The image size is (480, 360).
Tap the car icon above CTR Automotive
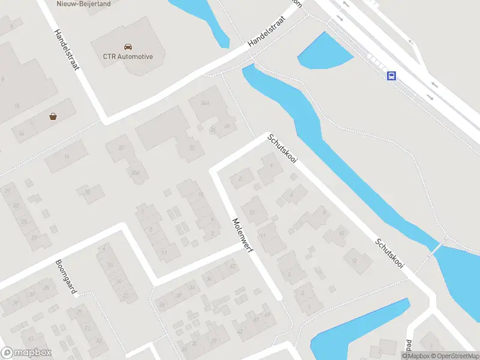click(x=128, y=46)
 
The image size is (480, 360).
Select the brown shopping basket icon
click(x=53, y=117)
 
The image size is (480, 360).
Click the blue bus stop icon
click(x=391, y=76)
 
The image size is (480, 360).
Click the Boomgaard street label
click(x=67, y=278)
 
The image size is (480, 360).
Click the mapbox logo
click(x=26, y=353)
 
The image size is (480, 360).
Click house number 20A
click(x=135, y=173)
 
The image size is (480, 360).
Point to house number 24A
click(x=205, y=104)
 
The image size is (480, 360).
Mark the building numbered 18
click(x=86, y=193)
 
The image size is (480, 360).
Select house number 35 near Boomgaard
click(x=46, y=287)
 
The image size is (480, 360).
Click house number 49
click(x=266, y=315)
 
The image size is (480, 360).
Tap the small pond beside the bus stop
click(x=324, y=52)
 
